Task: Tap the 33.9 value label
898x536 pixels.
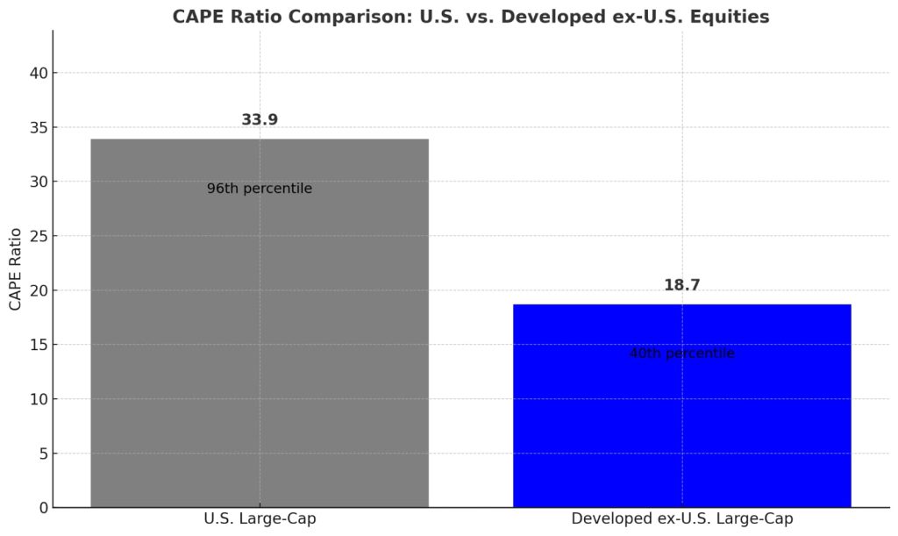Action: point(260,120)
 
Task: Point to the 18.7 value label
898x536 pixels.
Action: point(681,285)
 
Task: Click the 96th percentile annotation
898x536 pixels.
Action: point(260,189)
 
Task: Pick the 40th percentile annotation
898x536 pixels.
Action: point(681,354)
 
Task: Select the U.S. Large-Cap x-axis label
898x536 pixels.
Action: point(260,518)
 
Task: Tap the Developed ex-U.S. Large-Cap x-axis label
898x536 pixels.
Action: point(681,518)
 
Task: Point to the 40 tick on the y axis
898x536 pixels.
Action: point(38,73)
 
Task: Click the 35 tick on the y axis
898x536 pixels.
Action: point(38,127)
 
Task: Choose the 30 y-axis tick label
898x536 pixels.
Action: point(38,182)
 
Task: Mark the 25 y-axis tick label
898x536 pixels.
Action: point(38,236)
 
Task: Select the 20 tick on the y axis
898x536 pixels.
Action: point(38,290)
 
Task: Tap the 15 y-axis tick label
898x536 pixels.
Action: point(38,345)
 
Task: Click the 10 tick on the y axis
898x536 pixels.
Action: point(38,399)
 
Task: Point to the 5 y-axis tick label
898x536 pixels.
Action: point(42,454)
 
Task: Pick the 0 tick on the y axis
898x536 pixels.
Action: point(42,508)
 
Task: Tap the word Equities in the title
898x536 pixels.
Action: point(731,17)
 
